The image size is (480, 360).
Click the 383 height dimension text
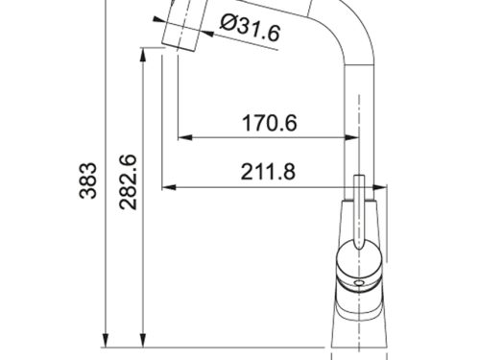point(87,182)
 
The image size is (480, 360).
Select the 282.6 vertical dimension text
point(126,182)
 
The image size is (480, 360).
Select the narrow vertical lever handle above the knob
point(360,206)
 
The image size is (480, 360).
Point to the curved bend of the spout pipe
point(336,24)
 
